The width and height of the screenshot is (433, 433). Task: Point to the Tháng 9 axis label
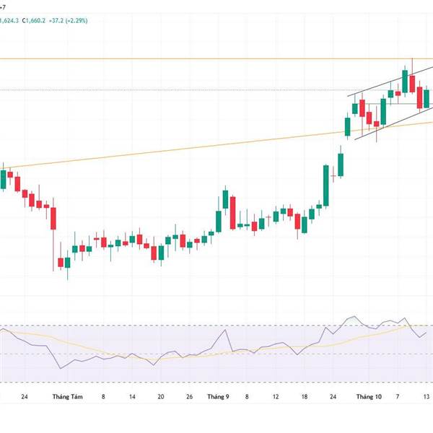218,397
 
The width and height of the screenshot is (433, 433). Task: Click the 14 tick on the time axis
132,397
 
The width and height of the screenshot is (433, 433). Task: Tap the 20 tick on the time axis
160,397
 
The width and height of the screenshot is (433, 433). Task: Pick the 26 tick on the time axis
189,397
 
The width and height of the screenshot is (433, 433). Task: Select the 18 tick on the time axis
305,397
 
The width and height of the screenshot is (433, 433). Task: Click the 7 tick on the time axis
398,397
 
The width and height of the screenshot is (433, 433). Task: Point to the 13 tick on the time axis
426,397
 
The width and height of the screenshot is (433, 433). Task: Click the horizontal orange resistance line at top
216,58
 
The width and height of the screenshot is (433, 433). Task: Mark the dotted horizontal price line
216,89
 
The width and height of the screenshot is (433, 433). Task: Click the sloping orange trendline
216,147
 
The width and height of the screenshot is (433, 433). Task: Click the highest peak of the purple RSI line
352,317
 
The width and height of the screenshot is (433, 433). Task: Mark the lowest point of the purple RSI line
60,369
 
